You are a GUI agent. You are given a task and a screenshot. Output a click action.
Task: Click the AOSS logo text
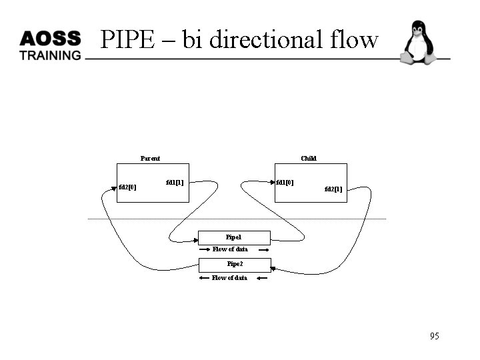coord(50,38)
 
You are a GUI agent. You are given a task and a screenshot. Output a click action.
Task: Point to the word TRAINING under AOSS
coord(50,55)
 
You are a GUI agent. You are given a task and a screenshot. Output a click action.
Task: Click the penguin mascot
coord(418,43)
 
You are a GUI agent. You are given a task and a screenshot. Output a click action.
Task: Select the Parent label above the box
coord(150,158)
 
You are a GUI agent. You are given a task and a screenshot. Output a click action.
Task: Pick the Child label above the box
coord(309,158)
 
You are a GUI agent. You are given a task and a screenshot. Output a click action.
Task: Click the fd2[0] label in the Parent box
coord(127,187)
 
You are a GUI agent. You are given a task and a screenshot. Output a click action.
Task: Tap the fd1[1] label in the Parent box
coord(175,182)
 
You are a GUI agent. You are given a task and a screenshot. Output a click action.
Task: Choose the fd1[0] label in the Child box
coord(285,182)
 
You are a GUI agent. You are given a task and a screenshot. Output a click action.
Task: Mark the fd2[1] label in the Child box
coord(333,189)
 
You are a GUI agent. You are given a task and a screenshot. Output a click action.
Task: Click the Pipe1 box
coord(234,237)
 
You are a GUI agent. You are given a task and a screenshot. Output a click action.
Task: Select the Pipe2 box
coord(235,264)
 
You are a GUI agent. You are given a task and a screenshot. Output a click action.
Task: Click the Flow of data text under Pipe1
coord(230,249)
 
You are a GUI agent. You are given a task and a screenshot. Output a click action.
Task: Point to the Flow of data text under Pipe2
coord(229,278)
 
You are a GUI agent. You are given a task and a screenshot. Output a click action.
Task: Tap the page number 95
coord(435,336)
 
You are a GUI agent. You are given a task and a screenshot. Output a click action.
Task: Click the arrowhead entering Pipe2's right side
coord(273,268)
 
